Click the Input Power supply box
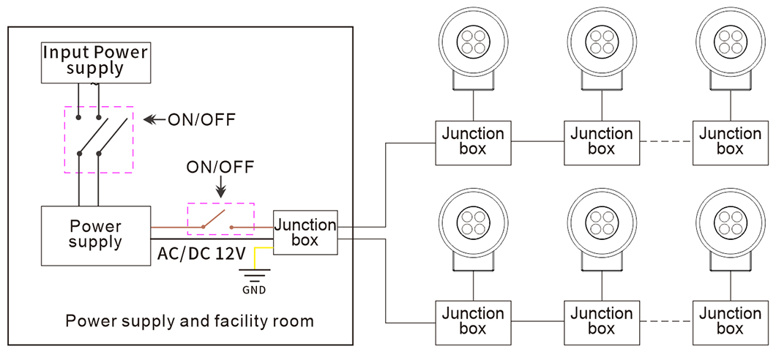[96, 61]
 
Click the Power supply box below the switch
[95, 235]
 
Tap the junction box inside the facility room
[305, 232]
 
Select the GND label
[255, 290]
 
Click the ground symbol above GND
[255, 274]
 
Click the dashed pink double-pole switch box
[99, 139]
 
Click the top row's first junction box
[473, 141]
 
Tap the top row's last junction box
[729, 141]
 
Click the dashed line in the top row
[665, 141]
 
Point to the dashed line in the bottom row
[665, 322]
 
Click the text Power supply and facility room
[189, 320]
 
